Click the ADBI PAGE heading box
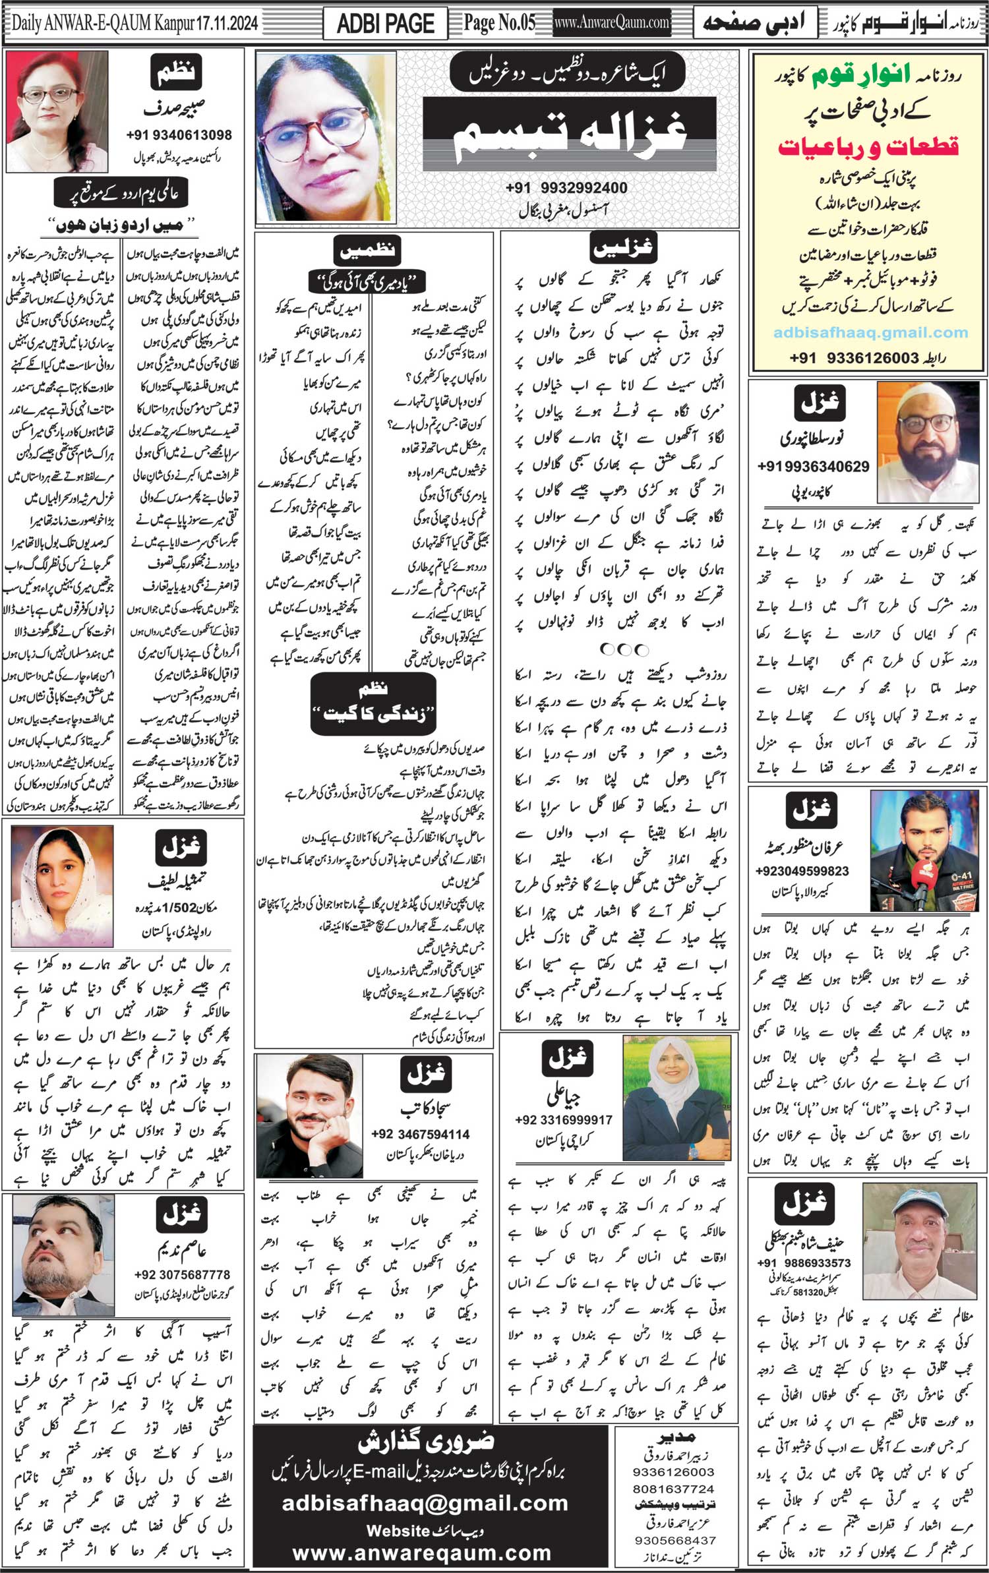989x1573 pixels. pyautogui.click(x=385, y=24)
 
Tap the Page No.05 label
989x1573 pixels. pyautogui.click(x=499, y=23)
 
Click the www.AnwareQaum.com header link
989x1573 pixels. pyautogui.click(x=612, y=23)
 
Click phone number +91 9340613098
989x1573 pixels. pyautogui.click(x=179, y=135)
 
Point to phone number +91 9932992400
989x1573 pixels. pyautogui.click(x=566, y=188)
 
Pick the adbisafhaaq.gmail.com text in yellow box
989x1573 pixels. pyautogui.click(x=871, y=333)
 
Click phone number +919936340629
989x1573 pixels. pyautogui.click(x=814, y=467)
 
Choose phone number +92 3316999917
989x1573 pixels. pyautogui.click(x=564, y=1119)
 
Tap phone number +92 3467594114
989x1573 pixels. pyautogui.click(x=421, y=1134)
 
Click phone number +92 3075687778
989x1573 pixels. pyautogui.click(x=182, y=1274)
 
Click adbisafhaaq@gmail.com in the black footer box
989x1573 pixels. pyautogui.click(x=425, y=1503)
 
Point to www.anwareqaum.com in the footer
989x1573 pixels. pyautogui.click(x=422, y=1553)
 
